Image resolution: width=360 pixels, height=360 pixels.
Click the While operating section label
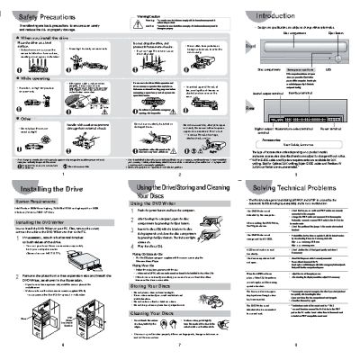pos(31,78)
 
